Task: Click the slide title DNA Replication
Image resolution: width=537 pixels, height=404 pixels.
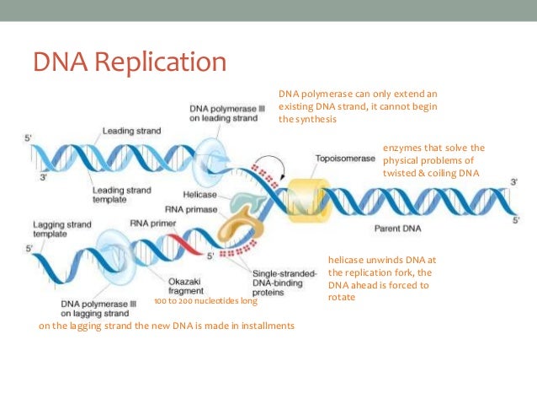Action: click(x=130, y=63)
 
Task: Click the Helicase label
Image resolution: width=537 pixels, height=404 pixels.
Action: click(x=200, y=195)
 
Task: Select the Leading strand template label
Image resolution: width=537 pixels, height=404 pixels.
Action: click(x=122, y=195)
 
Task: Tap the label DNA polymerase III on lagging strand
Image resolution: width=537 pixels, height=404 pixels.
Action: click(x=94, y=309)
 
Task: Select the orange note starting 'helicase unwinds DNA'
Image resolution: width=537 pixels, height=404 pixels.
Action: click(x=380, y=278)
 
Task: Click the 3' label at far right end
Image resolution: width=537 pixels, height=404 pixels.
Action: click(x=514, y=182)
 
